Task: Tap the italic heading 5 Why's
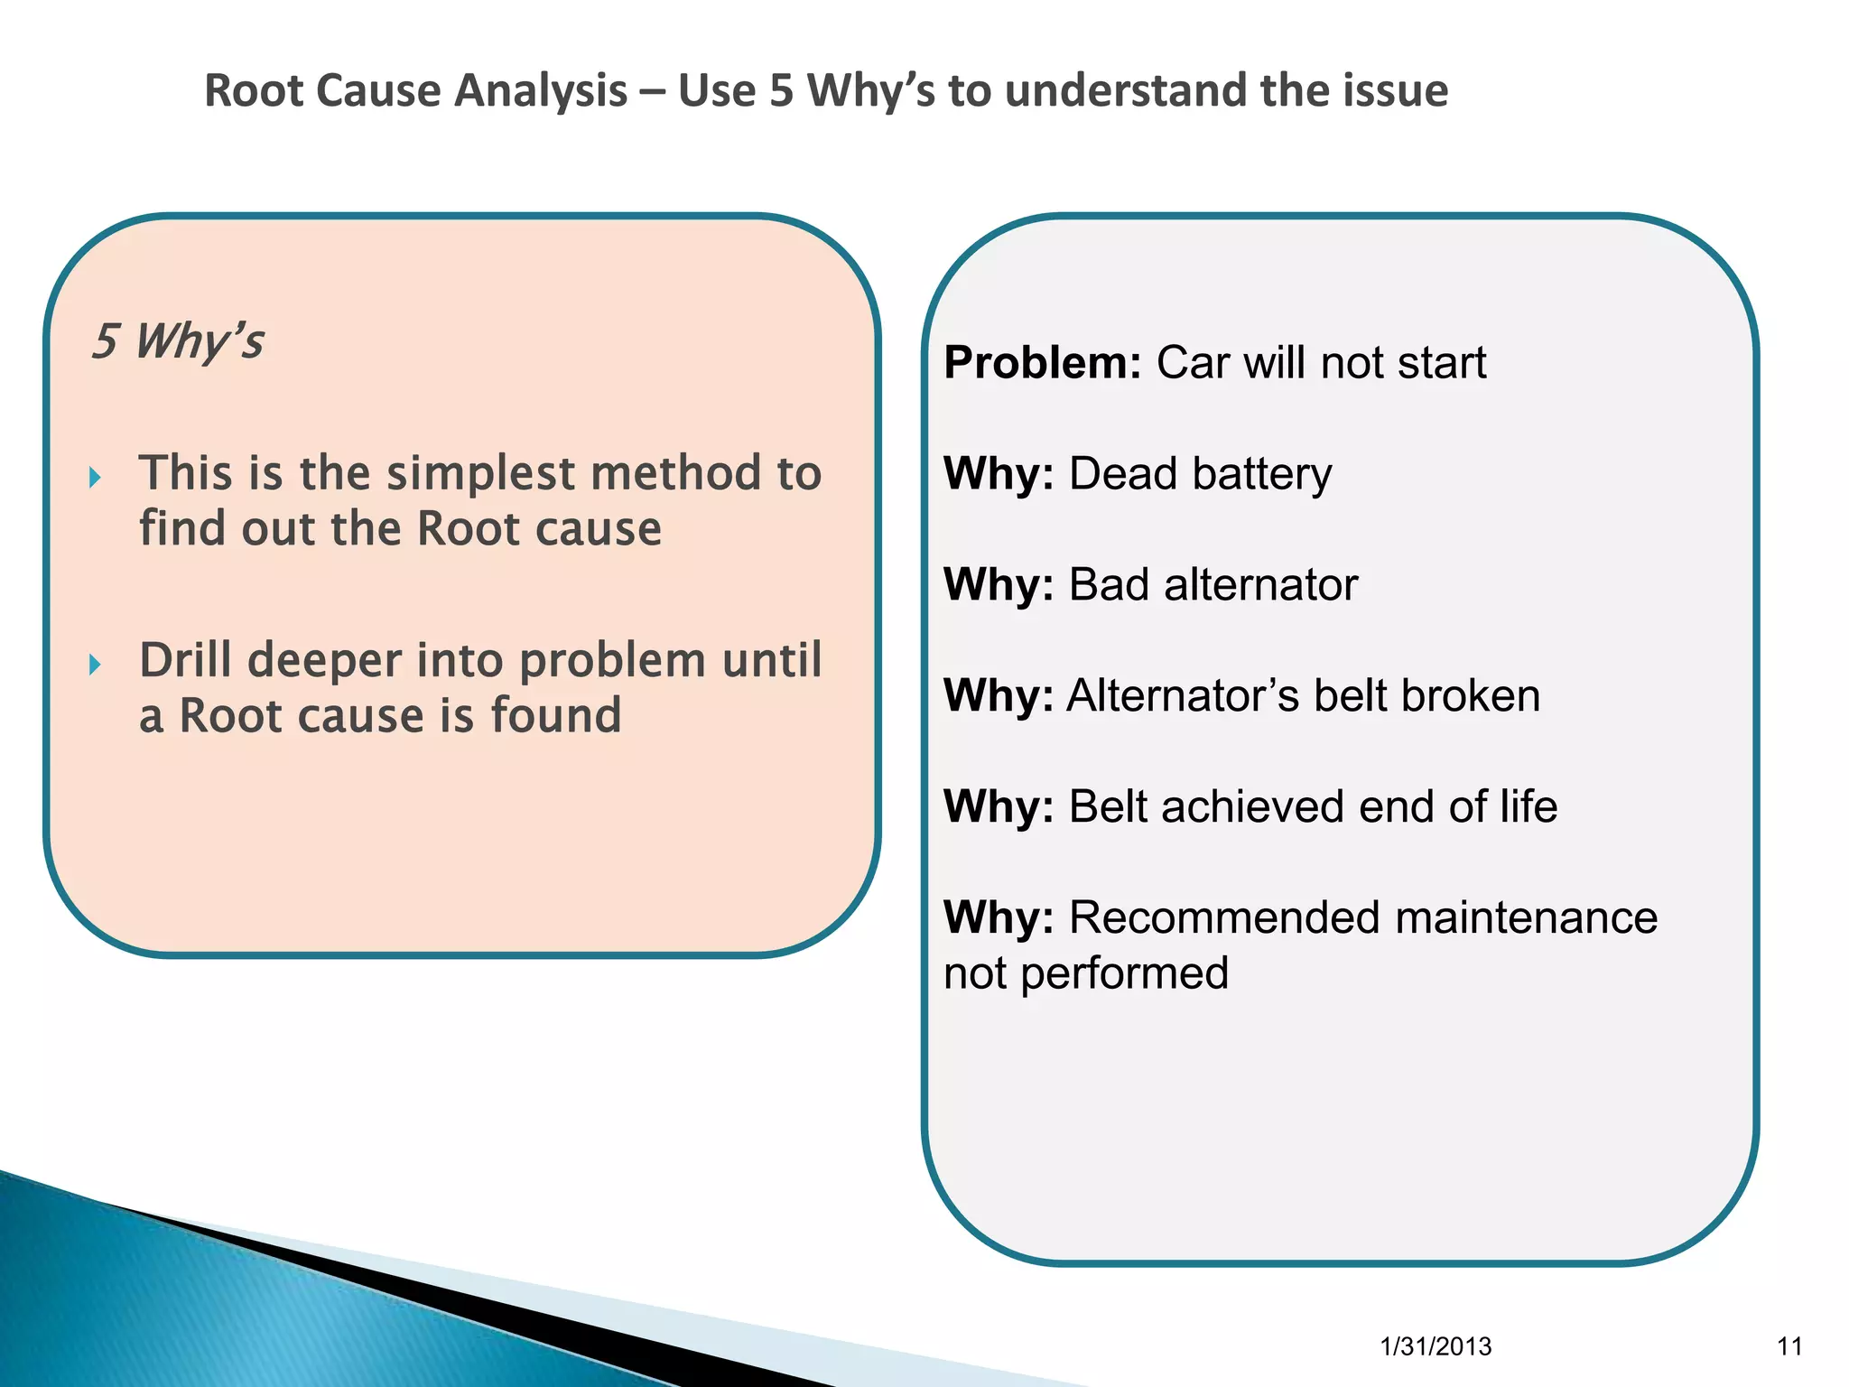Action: tap(178, 341)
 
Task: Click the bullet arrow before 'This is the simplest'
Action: tap(96, 478)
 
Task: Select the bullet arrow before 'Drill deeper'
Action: tap(96, 666)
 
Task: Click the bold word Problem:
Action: tap(1043, 363)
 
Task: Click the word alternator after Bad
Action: tap(1260, 585)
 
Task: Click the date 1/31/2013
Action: tap(1436, 1346)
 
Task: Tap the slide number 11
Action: tap(1789, 1346)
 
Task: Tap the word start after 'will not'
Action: tap(1441, 363)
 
